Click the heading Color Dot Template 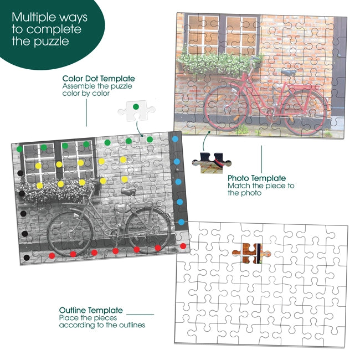click(99, 79)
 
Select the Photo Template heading click(256, 178)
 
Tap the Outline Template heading click(91, 310)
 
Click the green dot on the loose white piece click(136, 107)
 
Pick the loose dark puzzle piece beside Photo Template click(212, 163)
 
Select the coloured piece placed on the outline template click(251, 254)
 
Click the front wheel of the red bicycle click(226, 108)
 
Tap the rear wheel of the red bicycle click(304, 112)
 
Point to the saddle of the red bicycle click(289, 72)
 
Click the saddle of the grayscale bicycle click(128, 192)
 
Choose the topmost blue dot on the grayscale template click(175, 139)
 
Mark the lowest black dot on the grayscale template click(27, 258)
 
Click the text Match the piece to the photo click(261, 189)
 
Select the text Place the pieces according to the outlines click(102, 321)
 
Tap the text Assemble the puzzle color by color click(97, 90)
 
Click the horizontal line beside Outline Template click(140, 315)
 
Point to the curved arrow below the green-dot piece click(139, 129)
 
